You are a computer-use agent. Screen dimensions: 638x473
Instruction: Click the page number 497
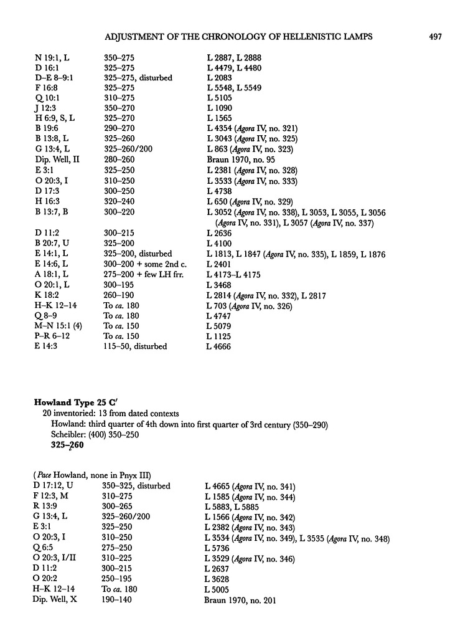point(435,37)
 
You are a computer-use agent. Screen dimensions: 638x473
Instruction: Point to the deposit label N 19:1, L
point(52,58)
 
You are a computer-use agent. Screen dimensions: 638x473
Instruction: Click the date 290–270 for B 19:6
point(119,128)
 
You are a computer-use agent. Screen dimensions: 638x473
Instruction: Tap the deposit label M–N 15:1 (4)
point(61,326)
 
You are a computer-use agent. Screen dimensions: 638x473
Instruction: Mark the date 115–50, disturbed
point(135,346)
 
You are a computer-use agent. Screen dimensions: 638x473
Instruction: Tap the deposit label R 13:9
point(49,507)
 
